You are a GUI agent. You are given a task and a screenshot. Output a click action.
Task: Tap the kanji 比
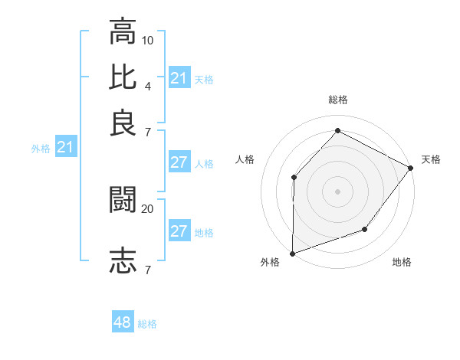pyautogui.click(x=123, y=77)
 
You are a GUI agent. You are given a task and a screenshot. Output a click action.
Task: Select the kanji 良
pyautogui.click(x=123, y=123)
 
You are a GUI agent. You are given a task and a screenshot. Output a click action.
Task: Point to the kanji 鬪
pyautogui.click(x=123, y=199)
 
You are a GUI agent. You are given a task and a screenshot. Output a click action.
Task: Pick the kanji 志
pyautogui.click(x=123, y=260)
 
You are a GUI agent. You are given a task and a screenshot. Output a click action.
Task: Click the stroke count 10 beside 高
pyautogui.click(x=148, y=39)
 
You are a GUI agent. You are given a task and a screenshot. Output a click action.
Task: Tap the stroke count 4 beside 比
pyautogui.click(x=147, y=85)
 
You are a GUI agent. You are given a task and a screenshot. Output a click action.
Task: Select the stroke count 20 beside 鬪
pyautogui.click(x=148, y=208)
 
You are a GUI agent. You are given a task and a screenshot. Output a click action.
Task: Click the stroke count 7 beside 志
pyautogui.click(x=147, y=270)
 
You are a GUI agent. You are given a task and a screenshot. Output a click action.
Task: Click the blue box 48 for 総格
pyautogui.click(x=123, y=323)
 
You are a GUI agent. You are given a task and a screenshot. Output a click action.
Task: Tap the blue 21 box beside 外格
pyautogui.click(x=64, y=148)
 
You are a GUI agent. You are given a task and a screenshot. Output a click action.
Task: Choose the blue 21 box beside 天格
pyautogui.click(x=179, y=78)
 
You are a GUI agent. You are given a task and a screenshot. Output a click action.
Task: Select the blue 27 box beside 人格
pyautogui.click(x=179, y=162)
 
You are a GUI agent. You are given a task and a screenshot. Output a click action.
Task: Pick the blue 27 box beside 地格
pyautogui.click(x=179, y=232)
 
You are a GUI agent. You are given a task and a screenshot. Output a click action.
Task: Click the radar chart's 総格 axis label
pyautogui.click(x=337, y=100)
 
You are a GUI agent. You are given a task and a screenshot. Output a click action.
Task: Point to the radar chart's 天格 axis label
pyautogui.click(x=431, y=159)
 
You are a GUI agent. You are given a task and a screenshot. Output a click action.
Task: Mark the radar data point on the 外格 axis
pyautogui.click(x=292, y=254)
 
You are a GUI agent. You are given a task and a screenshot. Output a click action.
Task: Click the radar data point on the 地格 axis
pyautogui.click(x=365, y=229)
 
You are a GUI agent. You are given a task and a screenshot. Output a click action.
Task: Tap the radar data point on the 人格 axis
pyautogui.click(x=294, y=178)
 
